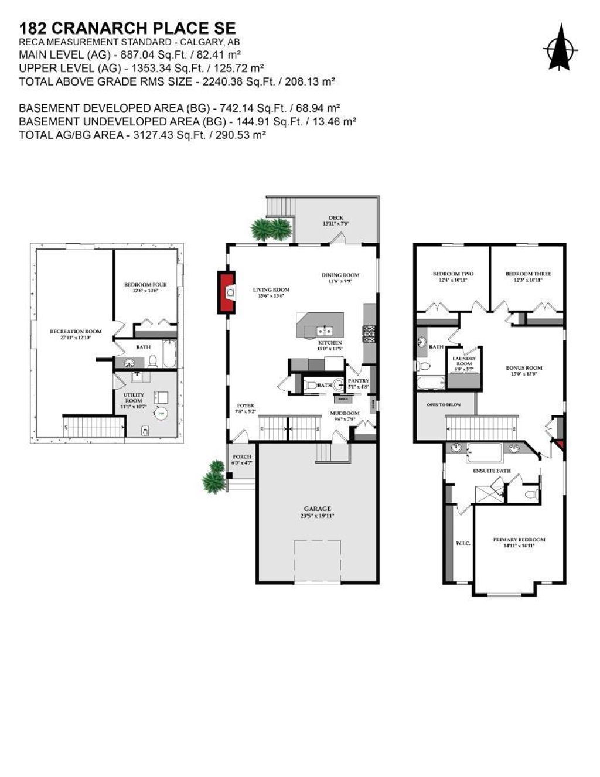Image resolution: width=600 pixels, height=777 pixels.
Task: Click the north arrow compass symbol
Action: tap(560, 49)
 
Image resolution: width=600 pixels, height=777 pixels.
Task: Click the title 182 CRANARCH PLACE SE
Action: tap(128, 28)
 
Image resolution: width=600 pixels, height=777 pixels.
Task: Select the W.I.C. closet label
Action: tap(462, 543)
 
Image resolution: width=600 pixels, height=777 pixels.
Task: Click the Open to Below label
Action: tap(444, 405)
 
